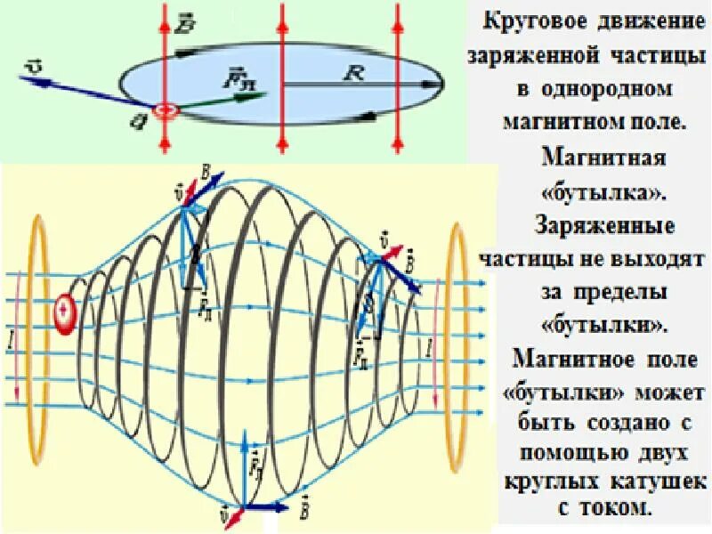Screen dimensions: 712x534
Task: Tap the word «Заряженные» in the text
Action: (x=602, y=225)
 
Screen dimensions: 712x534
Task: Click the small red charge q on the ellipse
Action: (x=165, y=111)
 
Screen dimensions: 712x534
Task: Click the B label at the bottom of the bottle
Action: (x=306, y=511)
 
